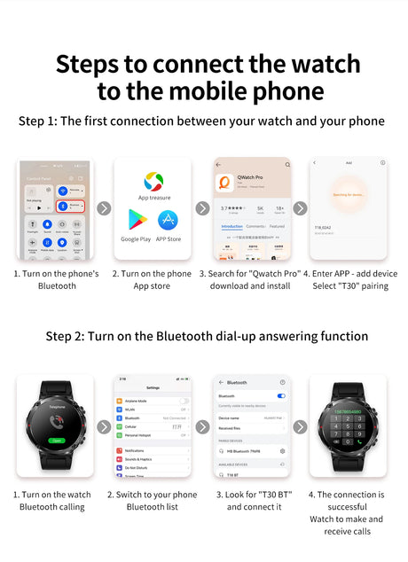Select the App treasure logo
pyautogui.click(x=153, y=182)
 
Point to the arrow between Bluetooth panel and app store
pyautogui.click(x=104, y=208)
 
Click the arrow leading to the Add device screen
pyautogui.click(x=300, y=208)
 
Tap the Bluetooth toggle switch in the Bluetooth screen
pyautogui.click(x=281, y=395)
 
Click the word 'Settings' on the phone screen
pyautogui.click(x=153, y=387)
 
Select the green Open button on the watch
pyautogui.click(x=58, y=440)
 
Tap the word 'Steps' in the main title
pyautogui.click(x=92, y=65)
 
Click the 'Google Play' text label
pyautogui.click(x=137, y=239)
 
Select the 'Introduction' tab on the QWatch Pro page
pyautogui.click(x=231, y=226)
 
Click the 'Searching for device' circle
pyautogui.click(x=348, y=194)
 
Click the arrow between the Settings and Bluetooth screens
pyautogui.click(x=202, y=426)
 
